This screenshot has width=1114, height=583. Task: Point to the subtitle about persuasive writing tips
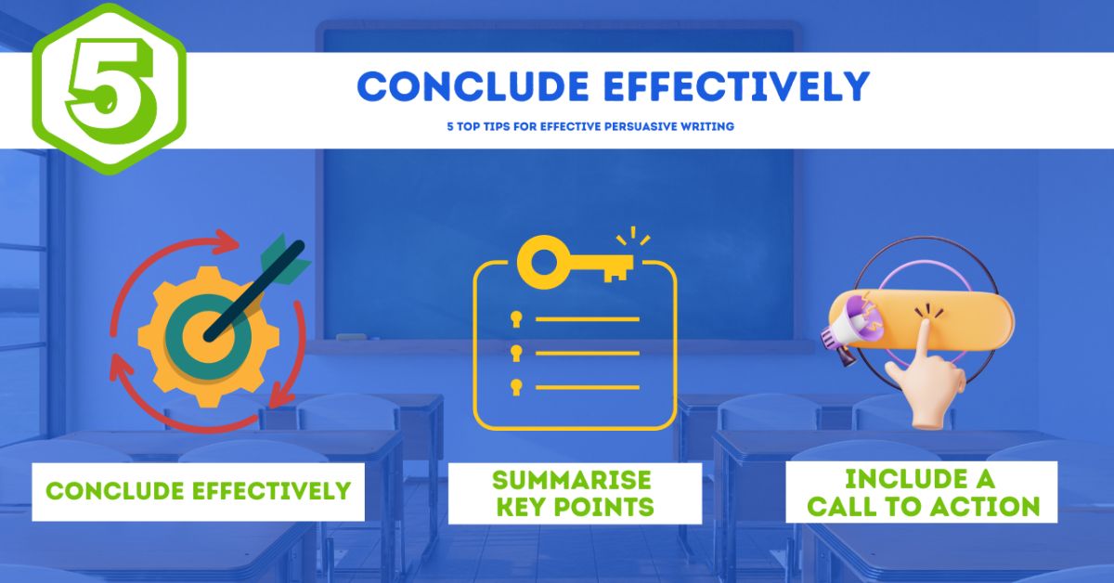589,126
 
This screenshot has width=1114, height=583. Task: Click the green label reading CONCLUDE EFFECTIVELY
198,490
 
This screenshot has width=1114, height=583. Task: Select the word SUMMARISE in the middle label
572,480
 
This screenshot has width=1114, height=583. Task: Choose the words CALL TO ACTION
922,507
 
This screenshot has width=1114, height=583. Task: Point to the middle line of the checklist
587,353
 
